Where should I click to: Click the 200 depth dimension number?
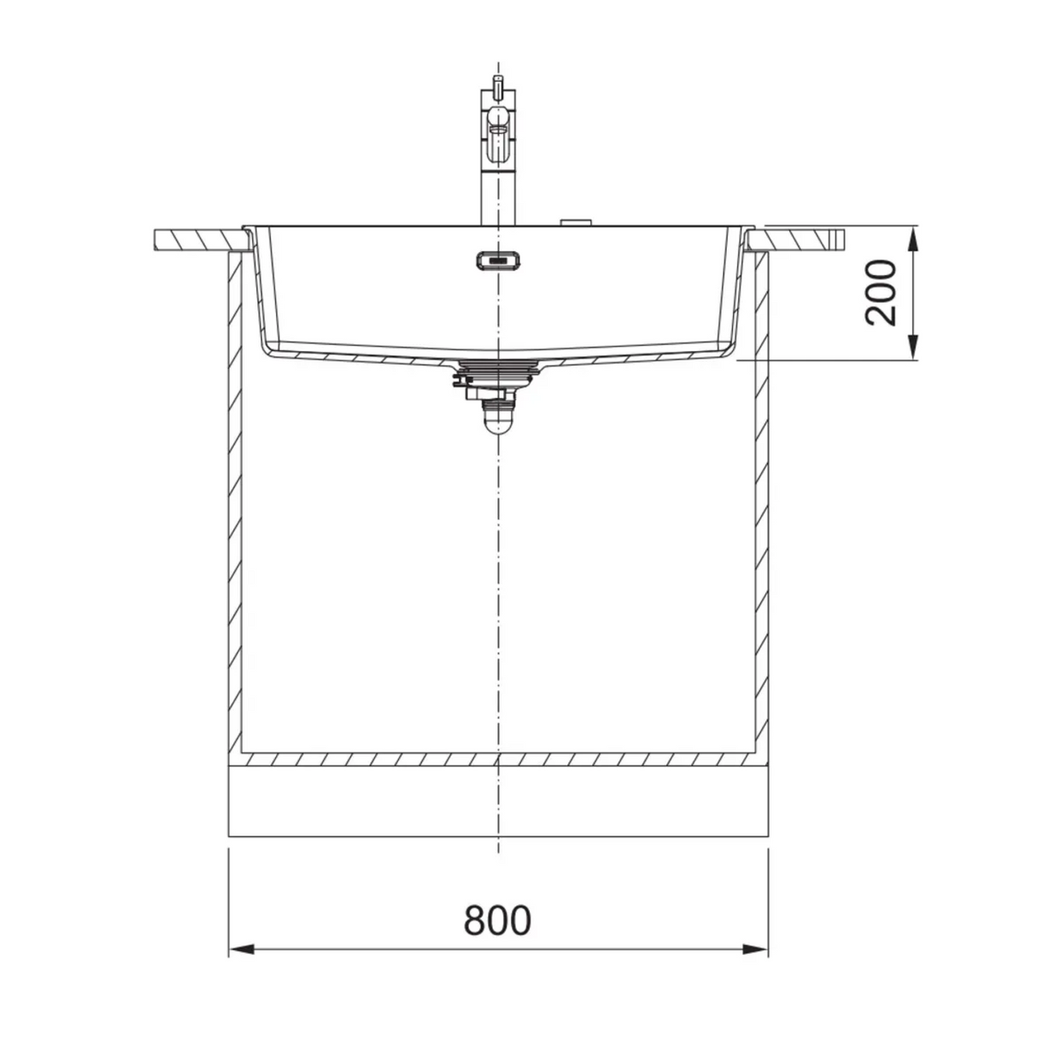[881, 293]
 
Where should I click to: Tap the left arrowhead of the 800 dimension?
[241, 965]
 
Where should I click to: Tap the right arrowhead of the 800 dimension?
[755, 965]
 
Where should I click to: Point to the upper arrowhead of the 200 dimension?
[912, 238]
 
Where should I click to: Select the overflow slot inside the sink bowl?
[498, 261]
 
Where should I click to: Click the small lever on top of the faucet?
[498, 85]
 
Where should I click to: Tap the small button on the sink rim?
[576, 222]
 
